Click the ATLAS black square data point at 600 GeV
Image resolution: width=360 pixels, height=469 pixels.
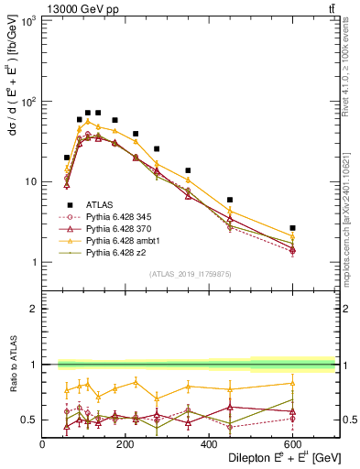[x=292, y=228]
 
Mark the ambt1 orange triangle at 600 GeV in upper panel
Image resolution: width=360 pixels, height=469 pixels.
[x=292, y=236]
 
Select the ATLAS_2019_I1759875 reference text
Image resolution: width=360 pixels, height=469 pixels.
[x=189, y=273]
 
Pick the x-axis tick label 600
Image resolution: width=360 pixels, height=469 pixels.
[x=293, y=444]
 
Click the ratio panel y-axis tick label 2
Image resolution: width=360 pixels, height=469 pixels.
[x=34, y=309]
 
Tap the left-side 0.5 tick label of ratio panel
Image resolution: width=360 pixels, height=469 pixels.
[x=29, y=420]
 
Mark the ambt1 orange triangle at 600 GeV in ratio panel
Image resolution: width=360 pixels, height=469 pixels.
[x=292, y=383]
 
